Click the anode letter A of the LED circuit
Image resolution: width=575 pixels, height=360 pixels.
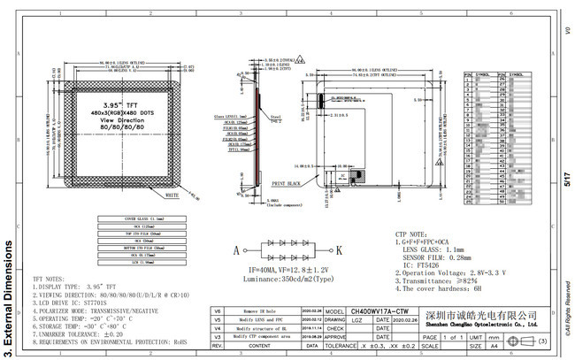coord(235,250)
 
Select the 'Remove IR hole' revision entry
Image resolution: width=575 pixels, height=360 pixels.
coord(263,312)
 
